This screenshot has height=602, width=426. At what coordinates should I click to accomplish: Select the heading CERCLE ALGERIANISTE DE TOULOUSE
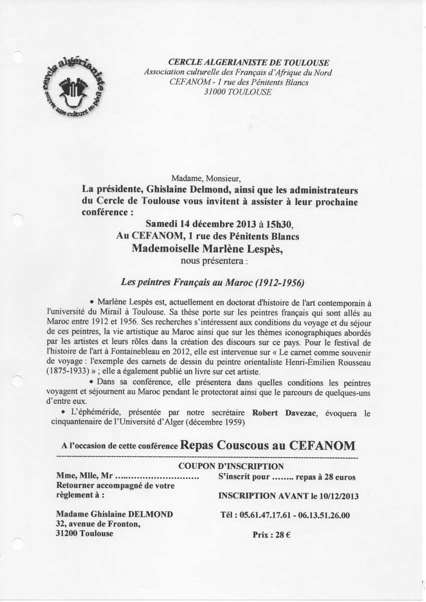pos(249,63)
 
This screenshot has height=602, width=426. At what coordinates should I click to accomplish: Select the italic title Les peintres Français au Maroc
pos(213,283)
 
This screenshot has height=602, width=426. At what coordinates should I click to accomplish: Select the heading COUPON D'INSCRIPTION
pos(224,466)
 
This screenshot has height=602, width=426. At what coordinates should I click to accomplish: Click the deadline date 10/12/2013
pos(340,496)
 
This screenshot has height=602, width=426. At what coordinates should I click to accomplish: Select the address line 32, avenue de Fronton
pos(98,524)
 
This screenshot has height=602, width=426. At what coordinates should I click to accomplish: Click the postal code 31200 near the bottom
pos(68,533)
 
